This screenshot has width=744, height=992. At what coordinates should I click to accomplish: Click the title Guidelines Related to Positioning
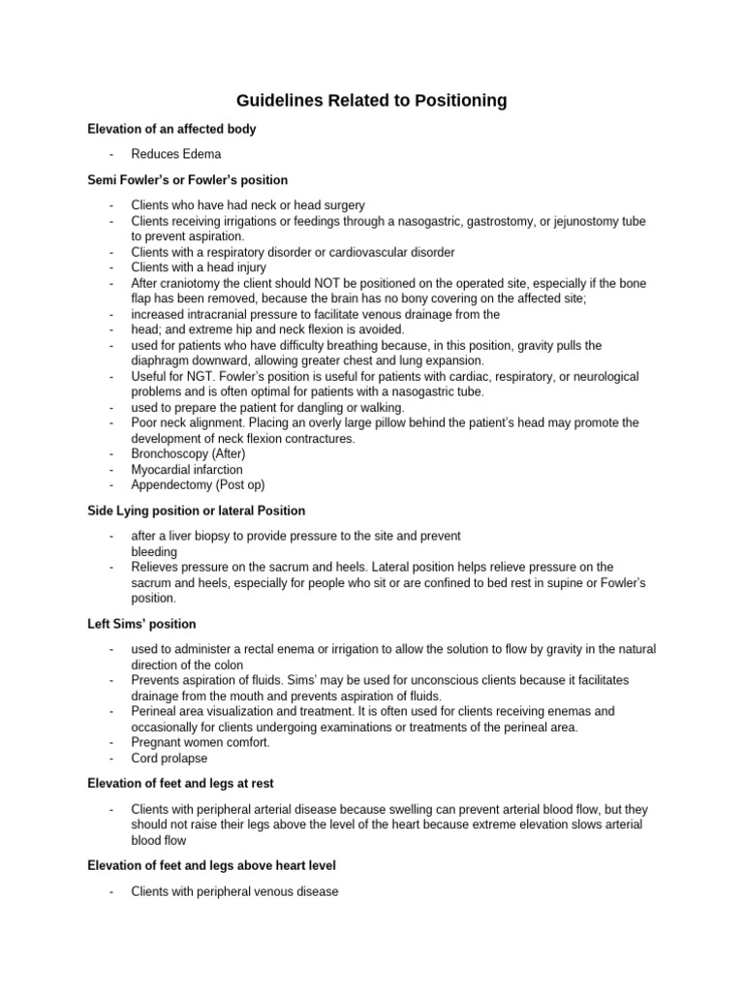(x=372, y=101)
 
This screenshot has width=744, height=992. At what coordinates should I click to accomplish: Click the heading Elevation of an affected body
(x=171, y=129)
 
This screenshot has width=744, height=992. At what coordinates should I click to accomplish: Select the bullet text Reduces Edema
(x=176, y=154)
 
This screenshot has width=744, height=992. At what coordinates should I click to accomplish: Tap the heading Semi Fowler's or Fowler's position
(x=187, y=180)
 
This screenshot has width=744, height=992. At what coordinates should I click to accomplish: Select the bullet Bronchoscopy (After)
(x=188, y=454)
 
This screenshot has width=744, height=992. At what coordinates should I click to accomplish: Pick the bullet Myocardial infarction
(x=187, y=470)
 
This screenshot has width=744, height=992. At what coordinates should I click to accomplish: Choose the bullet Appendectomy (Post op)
(x=198, y=485)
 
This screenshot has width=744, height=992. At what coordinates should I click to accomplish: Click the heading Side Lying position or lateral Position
(x=196, y=511)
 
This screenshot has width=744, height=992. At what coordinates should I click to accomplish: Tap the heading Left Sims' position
(x=141, y=624)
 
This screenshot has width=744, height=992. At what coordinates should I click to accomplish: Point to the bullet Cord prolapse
(x=170, y=759)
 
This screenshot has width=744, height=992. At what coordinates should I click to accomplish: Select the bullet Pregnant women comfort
(x=201, y=743)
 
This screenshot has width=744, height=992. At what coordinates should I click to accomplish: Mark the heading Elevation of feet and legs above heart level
(x=211, y=865)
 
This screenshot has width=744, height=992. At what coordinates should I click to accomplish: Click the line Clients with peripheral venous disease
(x=234, y=891)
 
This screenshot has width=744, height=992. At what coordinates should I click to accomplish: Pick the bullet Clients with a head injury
(x=199, y=267)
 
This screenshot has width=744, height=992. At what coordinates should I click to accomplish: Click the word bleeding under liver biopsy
(x=154, y=551)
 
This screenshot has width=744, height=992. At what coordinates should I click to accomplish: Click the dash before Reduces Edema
(x=112, y=154)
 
